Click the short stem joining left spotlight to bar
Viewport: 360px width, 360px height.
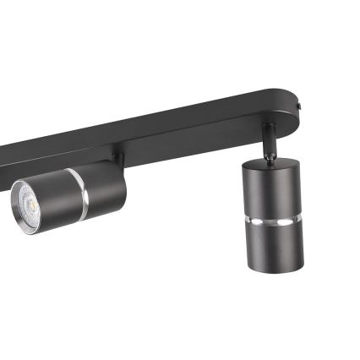click(118, 158)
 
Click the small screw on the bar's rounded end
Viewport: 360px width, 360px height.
click(303, 107)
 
